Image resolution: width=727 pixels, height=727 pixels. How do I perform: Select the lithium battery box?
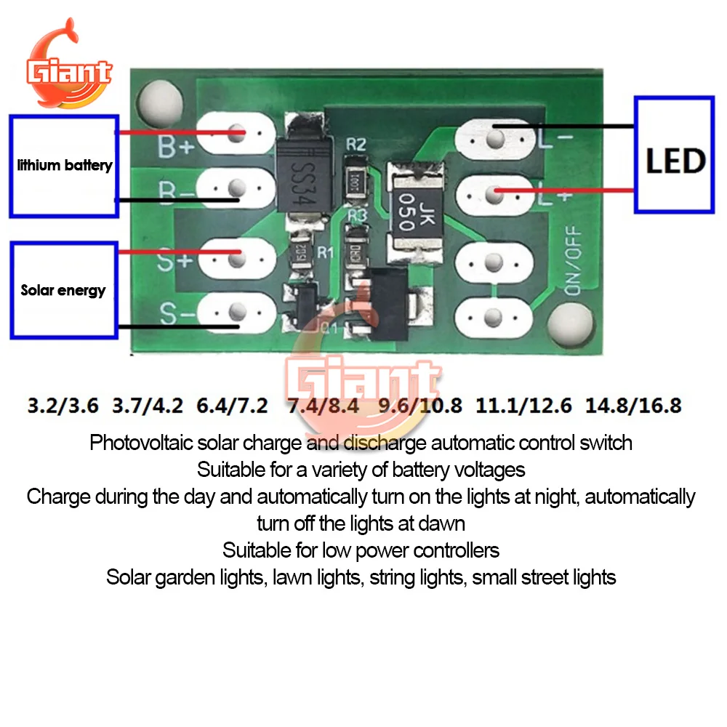click(x=64, y=166)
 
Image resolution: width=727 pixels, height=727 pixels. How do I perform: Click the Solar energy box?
click(x=64, y=290)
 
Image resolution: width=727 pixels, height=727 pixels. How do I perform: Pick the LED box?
click(x=674, y=154)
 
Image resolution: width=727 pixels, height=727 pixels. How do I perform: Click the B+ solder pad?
click(x=236, y=134)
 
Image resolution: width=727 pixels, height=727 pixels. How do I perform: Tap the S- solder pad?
click(x=236, y=313)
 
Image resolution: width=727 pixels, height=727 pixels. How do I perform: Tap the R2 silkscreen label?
click(x=356, y=144)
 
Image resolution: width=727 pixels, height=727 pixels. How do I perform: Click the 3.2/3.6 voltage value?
click(x=63, y=405)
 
